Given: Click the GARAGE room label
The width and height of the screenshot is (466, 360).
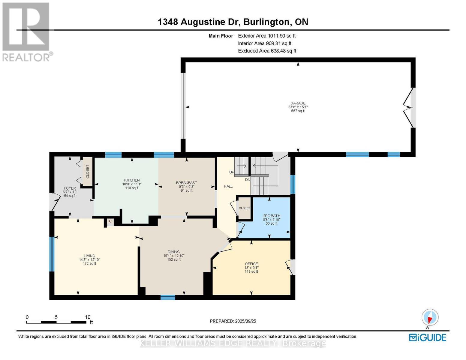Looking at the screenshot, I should (298, 103).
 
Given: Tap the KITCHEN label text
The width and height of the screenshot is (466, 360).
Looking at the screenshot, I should (132, 180).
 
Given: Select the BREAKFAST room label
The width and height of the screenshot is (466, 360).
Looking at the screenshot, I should (186, 183).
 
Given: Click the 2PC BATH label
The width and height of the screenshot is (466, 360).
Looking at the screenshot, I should (271, 216).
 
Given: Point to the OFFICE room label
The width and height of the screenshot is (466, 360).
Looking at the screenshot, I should (251, 264).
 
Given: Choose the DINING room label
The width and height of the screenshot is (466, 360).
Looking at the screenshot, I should (173, 252).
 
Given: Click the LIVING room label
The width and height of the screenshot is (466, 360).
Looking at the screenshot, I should (89, 256).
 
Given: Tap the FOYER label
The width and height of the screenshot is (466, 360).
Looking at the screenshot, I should (70, 188).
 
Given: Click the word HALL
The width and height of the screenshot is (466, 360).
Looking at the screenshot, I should (228, 186).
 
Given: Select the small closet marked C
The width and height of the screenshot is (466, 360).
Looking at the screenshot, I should (110, 221).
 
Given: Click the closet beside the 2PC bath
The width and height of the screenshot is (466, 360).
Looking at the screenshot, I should (244, 208).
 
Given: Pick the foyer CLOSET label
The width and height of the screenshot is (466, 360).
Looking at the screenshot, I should (88, 172).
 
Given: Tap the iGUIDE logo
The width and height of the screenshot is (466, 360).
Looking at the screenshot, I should (428, 337).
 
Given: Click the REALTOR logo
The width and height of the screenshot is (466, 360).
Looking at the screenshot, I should (26, 31).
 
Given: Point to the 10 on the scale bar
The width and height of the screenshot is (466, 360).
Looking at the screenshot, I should (88, 317).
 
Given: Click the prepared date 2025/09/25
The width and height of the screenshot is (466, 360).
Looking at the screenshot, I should (245, 321).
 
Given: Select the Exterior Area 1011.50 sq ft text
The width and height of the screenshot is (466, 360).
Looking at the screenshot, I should (266, 36).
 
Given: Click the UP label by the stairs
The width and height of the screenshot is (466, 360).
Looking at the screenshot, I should (232, 172).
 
